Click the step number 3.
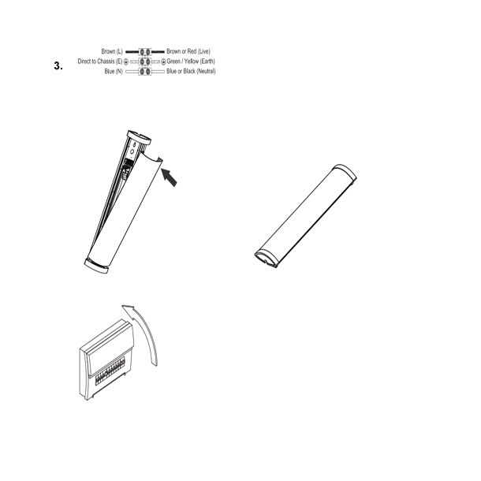point(58,65)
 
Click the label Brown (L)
point(113,51)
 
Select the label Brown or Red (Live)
point(188,51)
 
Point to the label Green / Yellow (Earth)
point(191,61)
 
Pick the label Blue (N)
point(114,71)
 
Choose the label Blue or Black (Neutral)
point(191,71)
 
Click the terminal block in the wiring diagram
point(144,61)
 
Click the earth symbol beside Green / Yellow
point(163,61)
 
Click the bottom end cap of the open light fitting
point(99,266)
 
